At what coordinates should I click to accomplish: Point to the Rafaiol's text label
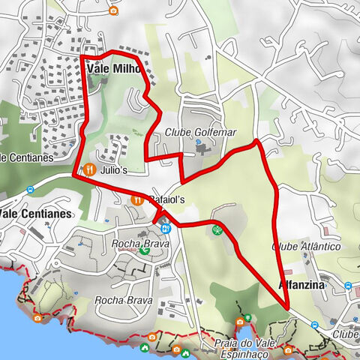(x=166, y=200)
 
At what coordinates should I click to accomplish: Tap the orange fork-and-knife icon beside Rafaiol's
(x=136, y=200)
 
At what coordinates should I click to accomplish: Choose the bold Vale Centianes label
(x=35, y=213)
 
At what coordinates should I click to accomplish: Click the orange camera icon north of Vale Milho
(x=113, y=10)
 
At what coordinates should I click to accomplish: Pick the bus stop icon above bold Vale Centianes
(x=30, y=190)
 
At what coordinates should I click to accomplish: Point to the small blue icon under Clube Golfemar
(x=196, y=142)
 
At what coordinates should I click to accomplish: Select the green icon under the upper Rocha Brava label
(x=144, y=250)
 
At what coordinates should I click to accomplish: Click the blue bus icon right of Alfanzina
(x=349, y=286)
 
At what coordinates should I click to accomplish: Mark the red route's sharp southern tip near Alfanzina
(x=287, y=306)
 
